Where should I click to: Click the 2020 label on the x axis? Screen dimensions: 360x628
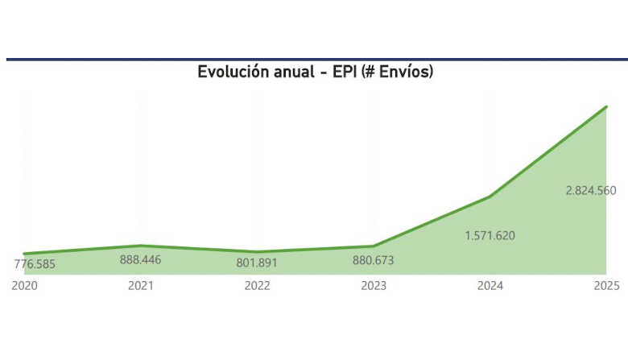pyautogui.click(x=24, y=286)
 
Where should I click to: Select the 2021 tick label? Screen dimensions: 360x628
pyautogui.click(x=141, y=286)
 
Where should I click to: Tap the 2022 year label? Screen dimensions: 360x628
pyautogui.click(x=258, y=286)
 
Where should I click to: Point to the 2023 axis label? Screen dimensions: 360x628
pyautogui.click(x=374, y=286)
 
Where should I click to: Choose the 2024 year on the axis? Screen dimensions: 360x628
pyautogui.click(x=490, y=286)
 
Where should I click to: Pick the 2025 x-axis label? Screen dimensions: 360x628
pyautogui.click(x=605, y=286)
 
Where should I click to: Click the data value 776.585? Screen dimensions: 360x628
pyautogui.click(x=40, y=263)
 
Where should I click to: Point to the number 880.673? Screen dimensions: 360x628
pyautogui.click(x=374, y=260)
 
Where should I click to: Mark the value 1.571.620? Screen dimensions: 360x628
pyautogui.click(x=490, y=236)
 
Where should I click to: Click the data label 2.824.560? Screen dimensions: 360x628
pyautogui.click(x=591, y=191)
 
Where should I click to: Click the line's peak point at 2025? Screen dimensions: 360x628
pyautogui.click(x=605, y=106)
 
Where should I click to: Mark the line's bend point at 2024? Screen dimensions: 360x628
pyautogui.click(x=490, y=197)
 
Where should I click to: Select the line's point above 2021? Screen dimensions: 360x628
pyautogui.click(x=141, y=246)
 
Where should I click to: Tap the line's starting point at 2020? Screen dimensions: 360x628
pyautogui.click(x=24, y=254)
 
